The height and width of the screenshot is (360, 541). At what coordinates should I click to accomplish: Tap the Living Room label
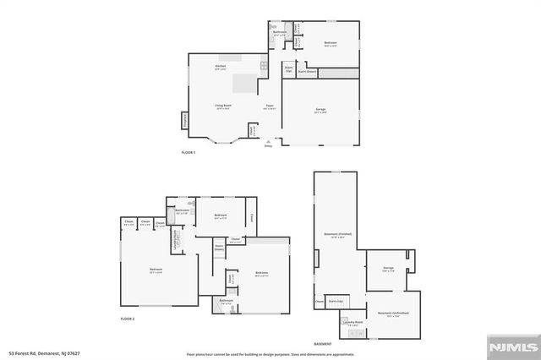pyautogui.click(x=222, y=106)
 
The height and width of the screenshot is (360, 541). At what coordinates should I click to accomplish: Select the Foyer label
pyautogui.click(x=269, y=106)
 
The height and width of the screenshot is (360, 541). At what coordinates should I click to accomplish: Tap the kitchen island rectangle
pyautogui.click(x=245, y=83)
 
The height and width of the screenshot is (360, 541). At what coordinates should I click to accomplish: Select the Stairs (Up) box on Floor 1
pyautogui.click(x=288, y=71)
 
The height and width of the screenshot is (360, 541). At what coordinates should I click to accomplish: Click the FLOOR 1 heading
pyautogui.click(x=188, y=152)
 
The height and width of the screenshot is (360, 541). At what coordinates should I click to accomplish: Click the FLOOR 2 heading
pyautogui.click(x=128, y=319)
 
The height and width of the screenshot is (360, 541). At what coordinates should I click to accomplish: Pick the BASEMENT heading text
pyautogui.click(x=322, y=344)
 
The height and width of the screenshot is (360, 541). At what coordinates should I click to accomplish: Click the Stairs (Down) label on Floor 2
pyautogui.click(x=218, y=248)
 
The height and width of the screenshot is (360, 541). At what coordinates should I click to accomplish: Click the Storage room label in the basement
pyautogui.click(x=388, y=270)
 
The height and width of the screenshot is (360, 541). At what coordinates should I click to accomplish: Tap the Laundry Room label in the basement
pyautogui.click(x=352, y=323)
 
